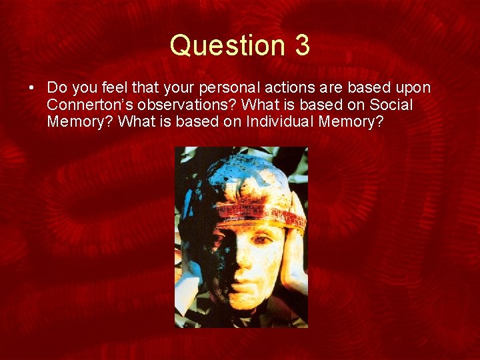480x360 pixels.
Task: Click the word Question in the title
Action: tap(218, 45)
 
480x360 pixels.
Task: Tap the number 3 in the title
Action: tap(301, 45)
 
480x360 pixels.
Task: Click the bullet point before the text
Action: tap(32, 88)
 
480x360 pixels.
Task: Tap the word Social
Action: tap(390, 105)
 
